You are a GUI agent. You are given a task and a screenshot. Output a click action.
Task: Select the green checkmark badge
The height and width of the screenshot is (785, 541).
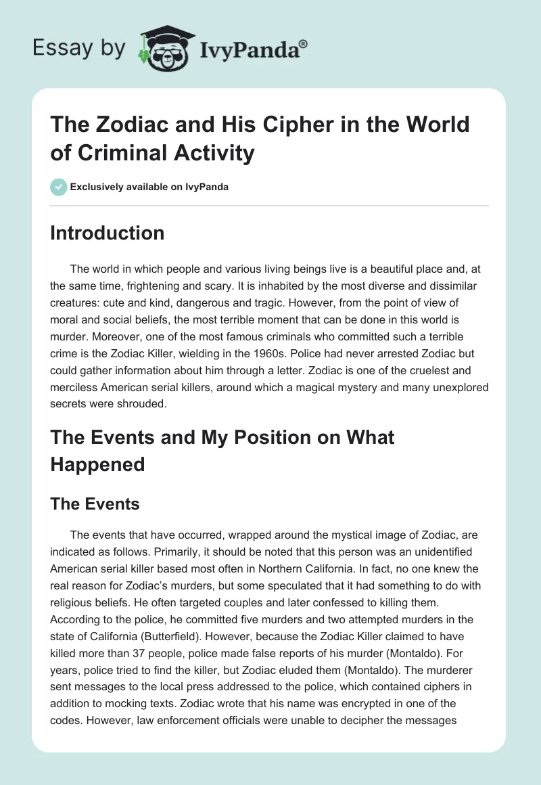[57, 187]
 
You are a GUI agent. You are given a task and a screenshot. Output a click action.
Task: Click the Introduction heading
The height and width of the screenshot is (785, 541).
[107, 233]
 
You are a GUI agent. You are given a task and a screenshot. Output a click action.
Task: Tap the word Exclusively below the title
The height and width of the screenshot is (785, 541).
[97, 187]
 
